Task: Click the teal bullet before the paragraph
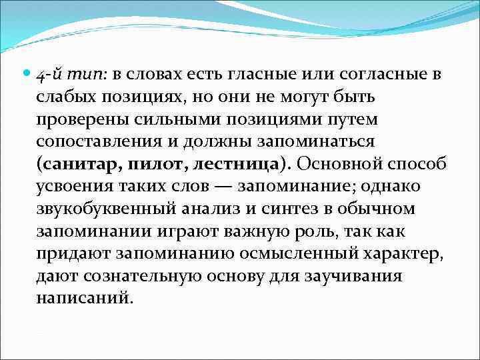(26, 73)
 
